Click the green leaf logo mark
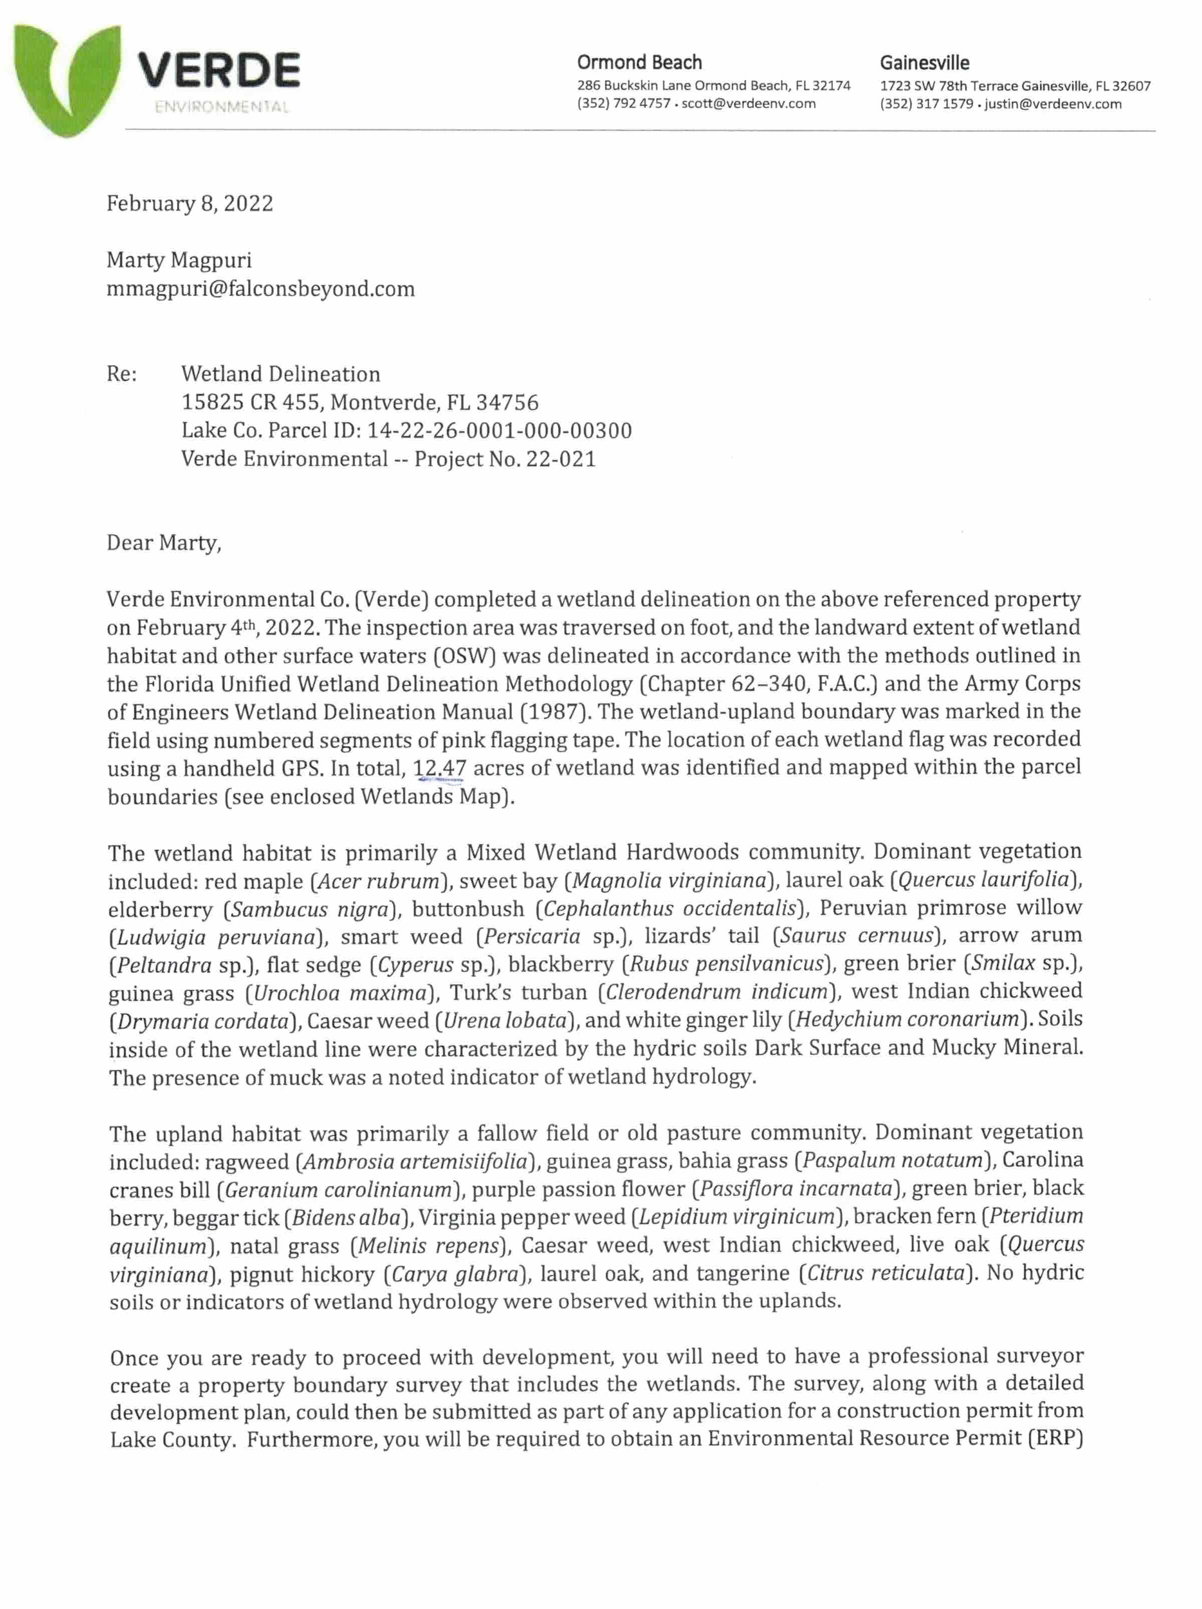click(x=66, y=77)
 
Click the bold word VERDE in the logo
click(x=218, y=71)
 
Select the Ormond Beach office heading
click(x=639, y=63)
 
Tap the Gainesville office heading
click(x=924, y=63)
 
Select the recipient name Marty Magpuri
click(x=179, y=260)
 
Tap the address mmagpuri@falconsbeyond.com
click(x=260, y=289)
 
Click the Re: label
click(x=122, y=374)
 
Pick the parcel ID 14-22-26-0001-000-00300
click(x=499, y=431)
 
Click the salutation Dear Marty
click(x=164, y=543)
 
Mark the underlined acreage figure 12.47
click(x=439, y=768)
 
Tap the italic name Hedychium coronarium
click(x=907, y=1019)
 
